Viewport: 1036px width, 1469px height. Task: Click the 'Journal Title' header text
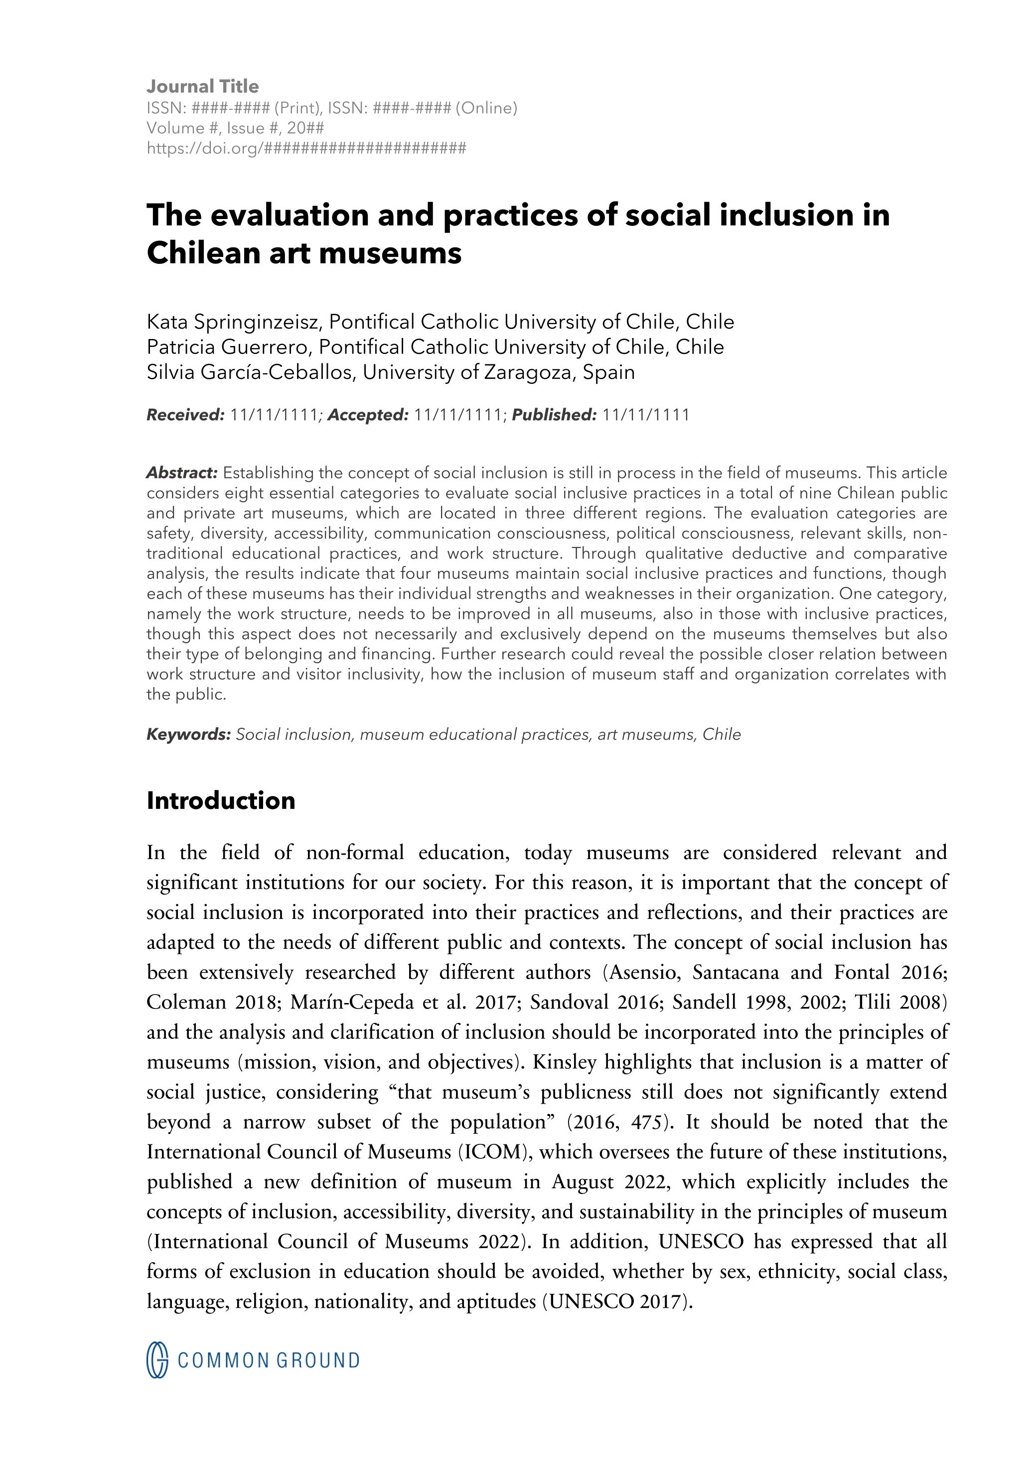pos(202,87)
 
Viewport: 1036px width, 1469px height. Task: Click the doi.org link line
pos(306,148)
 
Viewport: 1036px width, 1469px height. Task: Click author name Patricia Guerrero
pos(229,347)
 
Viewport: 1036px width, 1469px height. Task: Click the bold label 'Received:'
pos(185,415)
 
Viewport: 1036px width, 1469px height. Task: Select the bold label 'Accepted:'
pos(368,415)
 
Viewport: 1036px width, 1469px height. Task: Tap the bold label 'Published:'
pos(554,415)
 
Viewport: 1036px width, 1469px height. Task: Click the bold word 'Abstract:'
pos(182,473)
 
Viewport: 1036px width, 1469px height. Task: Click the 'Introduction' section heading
pos(220,801)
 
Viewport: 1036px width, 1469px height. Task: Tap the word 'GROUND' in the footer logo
pos(317,1361)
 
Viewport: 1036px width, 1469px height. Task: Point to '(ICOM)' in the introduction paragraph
pos(496,1152)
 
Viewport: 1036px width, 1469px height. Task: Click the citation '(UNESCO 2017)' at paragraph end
pos(617,1301)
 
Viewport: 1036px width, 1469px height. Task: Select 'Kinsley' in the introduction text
pos(564,1062)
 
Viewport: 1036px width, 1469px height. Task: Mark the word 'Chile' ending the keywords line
pos(722,735)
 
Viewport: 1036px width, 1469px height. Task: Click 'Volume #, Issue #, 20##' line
pos(235,128)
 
